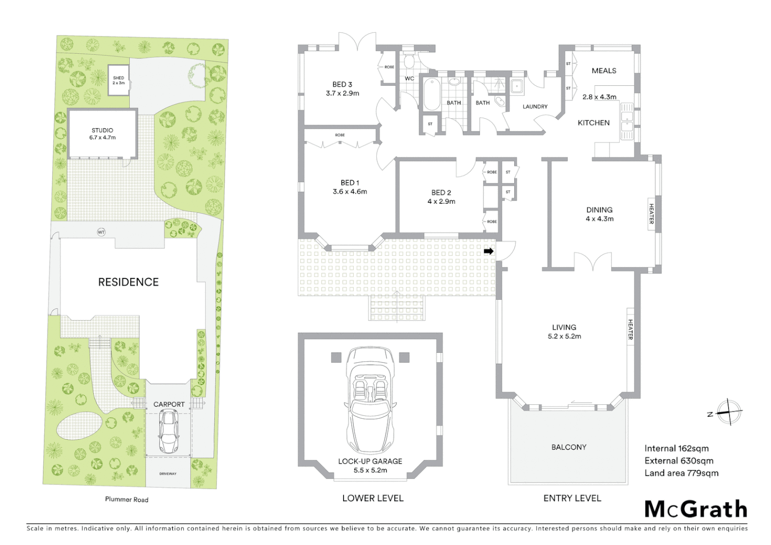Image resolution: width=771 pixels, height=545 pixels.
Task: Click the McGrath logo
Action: (x=696, y=509)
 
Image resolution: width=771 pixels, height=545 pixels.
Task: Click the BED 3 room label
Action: (x=342, y=84)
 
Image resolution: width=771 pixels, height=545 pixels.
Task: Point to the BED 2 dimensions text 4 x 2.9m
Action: (x=441, y=201)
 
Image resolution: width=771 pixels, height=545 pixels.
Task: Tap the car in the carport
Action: (x=168, y=431)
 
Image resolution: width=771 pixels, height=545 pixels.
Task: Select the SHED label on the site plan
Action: (x=119, y=78)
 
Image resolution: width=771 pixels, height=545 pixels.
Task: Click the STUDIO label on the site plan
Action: (x=102, y=130)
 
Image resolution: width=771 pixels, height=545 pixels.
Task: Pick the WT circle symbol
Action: (x=101, y=232)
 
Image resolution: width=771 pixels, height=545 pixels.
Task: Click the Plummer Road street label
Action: (x=127, y=500)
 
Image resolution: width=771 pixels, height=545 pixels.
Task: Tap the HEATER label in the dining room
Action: (x=651, y=214)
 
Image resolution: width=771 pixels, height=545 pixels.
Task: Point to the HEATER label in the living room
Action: (x=630, y=329)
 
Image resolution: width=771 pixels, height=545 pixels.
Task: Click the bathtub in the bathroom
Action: (x=432, y=94)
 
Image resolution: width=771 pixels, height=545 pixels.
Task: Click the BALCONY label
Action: (x=569, y=447)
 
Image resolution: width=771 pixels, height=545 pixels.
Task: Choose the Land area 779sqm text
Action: (x=681, y=473)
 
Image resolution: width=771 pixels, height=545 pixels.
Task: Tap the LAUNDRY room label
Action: (x=535, y=106)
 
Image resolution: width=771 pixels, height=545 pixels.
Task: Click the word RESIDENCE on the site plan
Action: (x=128, y=282)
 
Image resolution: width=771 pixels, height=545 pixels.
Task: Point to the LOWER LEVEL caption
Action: (x=372, y=498)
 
